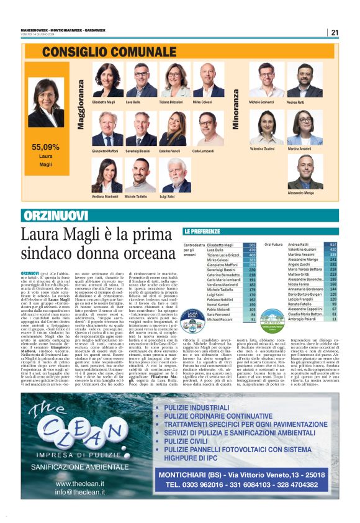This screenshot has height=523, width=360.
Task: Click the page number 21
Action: tap(335, 33)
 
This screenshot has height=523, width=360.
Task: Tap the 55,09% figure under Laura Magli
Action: tap(45, 147)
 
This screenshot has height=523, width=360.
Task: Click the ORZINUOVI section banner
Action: tap(49, 216)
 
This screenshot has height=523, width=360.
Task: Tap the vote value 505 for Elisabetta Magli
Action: tap(252, 245)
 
